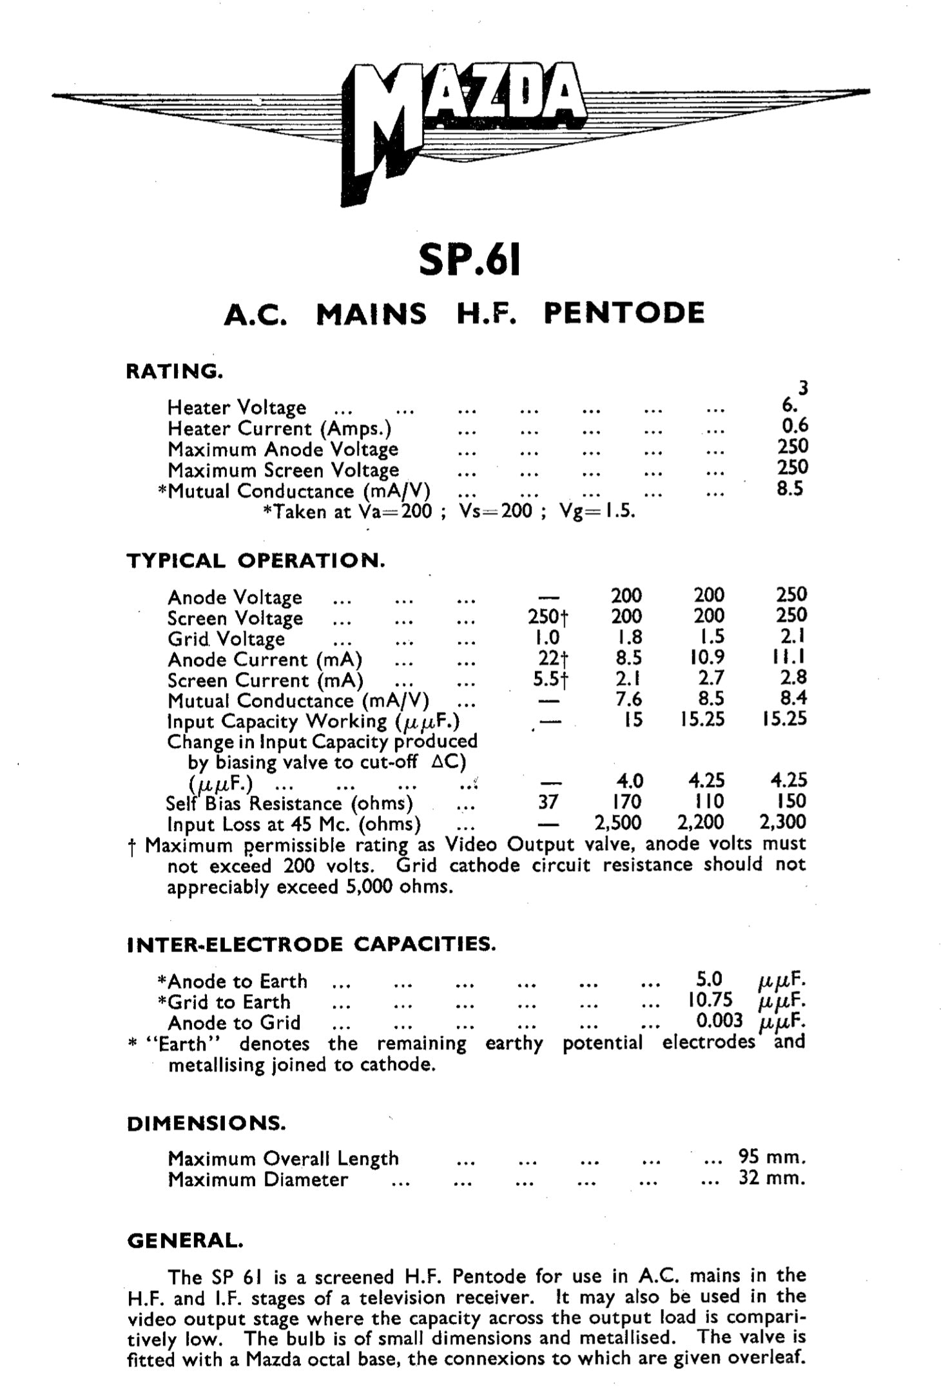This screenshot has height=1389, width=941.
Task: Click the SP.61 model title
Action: point(469,259)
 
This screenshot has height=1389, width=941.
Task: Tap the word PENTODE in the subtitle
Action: point(624,313)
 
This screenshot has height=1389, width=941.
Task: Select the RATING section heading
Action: point(175,371)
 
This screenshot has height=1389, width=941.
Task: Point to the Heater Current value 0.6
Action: point(793,425)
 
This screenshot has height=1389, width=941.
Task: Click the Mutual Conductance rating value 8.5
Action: point(790,488)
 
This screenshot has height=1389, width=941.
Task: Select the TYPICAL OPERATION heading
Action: point(256,560)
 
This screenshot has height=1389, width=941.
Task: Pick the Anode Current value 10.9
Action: point(708,657)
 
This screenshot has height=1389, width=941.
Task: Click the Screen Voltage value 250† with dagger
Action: point(548,617)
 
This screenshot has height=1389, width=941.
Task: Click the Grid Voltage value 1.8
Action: point(626,637)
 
